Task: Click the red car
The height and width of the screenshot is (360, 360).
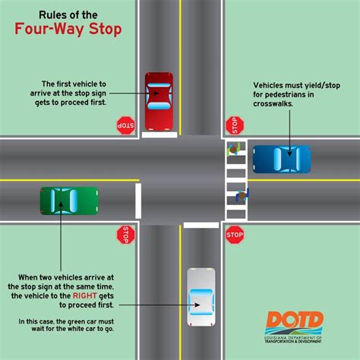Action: [x=159, y=101]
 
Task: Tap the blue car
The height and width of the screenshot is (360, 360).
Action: [x=282, y=159]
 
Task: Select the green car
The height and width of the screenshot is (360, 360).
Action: [x=69, y=201]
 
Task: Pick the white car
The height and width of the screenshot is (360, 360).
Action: [x=201, y=291]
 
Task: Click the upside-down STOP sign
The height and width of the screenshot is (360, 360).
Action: [x=125, y=125]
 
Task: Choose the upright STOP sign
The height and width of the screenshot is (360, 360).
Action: [x=234, y=236]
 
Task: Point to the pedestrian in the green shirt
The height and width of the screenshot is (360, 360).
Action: [x=234, y=150]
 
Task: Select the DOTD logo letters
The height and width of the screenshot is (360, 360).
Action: [x=294, y=320]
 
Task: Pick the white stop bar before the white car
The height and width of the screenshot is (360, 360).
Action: [x=201, y=226]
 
